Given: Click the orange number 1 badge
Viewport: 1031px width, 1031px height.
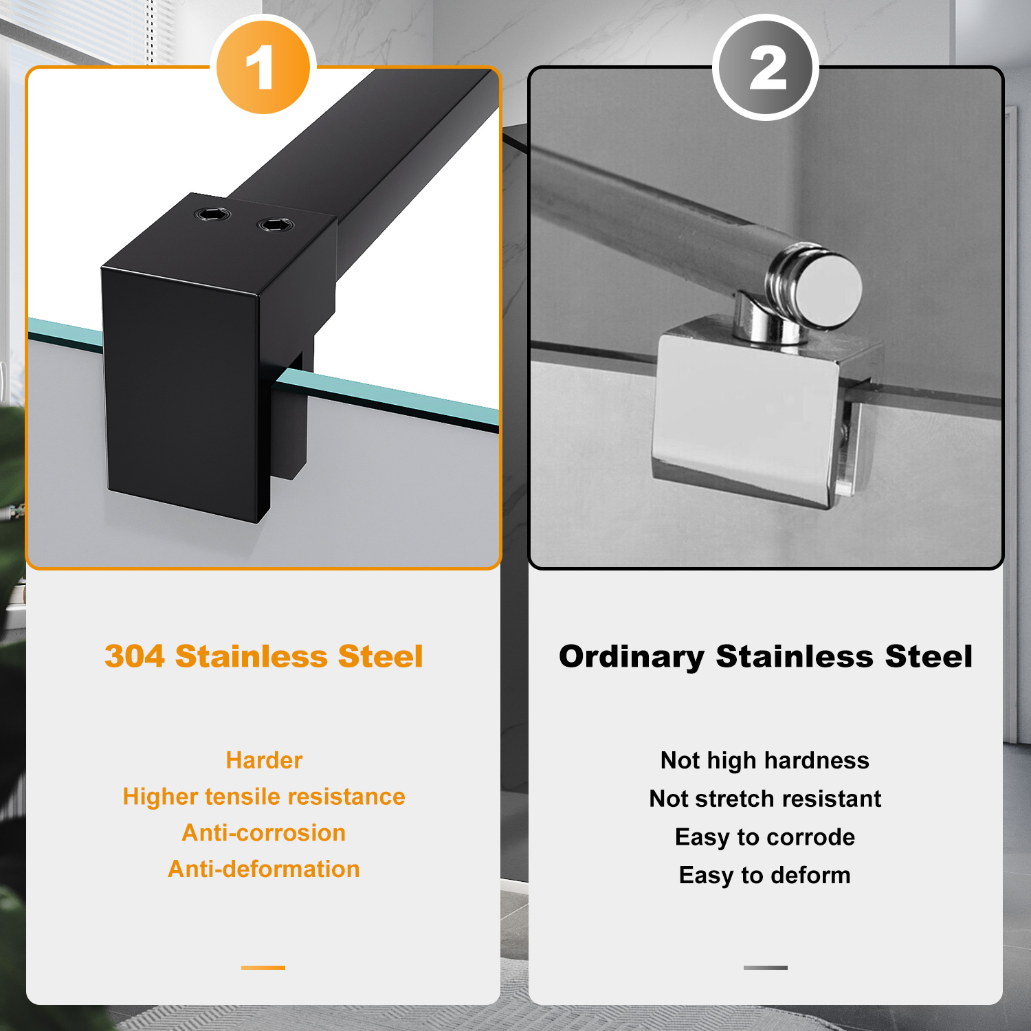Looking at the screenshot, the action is pyautogui.click(x=263, y=67).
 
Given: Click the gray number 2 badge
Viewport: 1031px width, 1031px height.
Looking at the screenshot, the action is pyautogui.click(x=766, y=67).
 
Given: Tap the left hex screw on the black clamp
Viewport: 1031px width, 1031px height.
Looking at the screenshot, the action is pyautogui.click(x=212, y=214).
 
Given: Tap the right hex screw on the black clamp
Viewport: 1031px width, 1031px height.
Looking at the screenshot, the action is pyautogui.click(x=275, y=225).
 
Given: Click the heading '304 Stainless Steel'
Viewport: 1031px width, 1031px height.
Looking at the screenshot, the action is pyautogui.click(x=264, y=656).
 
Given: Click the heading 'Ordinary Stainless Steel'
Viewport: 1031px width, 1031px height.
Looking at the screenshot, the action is pyautogui.click(x=766, y=656).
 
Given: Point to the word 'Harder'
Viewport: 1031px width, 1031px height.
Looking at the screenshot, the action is pyautogui.click(x=264, y=760).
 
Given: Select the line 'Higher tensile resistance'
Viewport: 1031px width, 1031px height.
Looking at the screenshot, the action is pyautogui.click(x=264, y=797).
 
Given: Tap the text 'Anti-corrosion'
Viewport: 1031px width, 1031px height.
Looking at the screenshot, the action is pyautogui.click(x=264, y=833).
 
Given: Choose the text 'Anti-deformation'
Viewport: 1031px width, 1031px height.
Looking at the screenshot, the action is pyautogui.click(x=264, y=869).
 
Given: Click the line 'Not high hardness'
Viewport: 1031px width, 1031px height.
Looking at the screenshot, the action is pyautogui.click(x=765, y=761).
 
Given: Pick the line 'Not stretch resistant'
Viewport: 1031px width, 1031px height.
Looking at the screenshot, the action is pyautogui.click(x=765, y=799).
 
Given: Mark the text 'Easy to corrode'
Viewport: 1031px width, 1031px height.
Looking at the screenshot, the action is pyautogui.click(x=765, y=837).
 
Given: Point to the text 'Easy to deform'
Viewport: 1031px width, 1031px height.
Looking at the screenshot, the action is pyautogui.click(x=765, y=876).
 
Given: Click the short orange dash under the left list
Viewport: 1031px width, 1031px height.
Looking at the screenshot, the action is pyautogui.click(x=263, y=968).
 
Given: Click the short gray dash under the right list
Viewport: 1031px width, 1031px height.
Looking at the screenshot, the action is pyautogui.click(x=766, y=968).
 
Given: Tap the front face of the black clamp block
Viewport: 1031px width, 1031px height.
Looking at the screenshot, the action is pyautogui.click(x=180, y=392).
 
